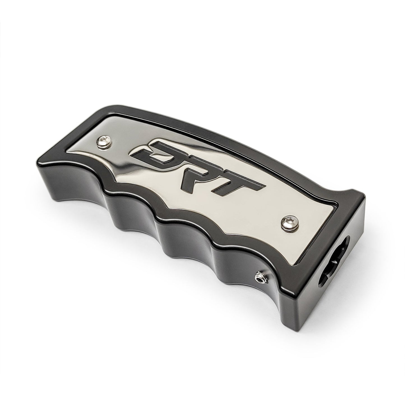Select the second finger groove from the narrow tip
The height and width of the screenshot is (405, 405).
click(x=136, y=221)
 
